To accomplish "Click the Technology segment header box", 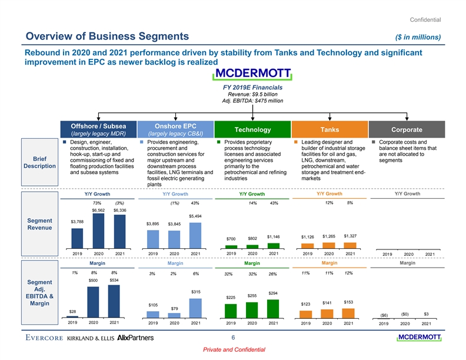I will coord(253,129).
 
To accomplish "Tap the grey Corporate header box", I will coord(407,129).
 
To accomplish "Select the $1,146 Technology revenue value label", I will coord(273,236).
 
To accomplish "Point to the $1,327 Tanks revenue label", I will coord(350,236).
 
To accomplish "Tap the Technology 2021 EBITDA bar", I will coord(273,309).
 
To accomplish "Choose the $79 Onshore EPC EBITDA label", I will coord(174,309).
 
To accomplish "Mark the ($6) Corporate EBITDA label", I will coord(385,314).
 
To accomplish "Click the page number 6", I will coord(233,337).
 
